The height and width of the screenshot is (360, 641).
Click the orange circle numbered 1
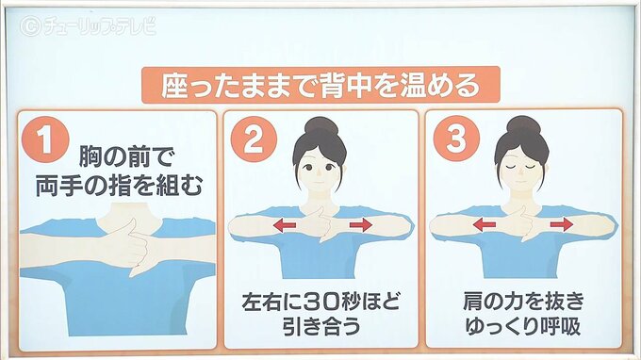pyautogui.click(x=45, y=139)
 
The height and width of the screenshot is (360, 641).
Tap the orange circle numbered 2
pyautogui.click(x=254, y=139)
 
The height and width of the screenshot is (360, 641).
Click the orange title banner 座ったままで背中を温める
pyautogui.click(x=320, y=85)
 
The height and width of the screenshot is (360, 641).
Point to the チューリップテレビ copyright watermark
pyautogui.click(x=88, y=25)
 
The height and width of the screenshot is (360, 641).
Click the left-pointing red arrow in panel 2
pyautogui.click(x=285, y=225)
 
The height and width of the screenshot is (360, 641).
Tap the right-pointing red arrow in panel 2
pyautogui.click(x=360, y=224)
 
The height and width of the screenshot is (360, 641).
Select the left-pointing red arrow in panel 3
pyautogui.click(x=484, y=224)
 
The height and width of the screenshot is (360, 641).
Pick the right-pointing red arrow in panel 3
pyautogui.click(x=562, y=224)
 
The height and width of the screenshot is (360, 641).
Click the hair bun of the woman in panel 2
pyautogui.click(x=321, y=126)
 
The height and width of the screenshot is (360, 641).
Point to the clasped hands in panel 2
pyautogui.click(x=322, y=224)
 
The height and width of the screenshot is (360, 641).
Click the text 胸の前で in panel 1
pyautogui.click(x=126, y=157)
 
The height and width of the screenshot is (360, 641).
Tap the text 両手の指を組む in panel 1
pyautogui.click(x=119, y=187)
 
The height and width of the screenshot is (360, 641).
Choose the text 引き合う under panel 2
pyautogui.click(x=321, y=326)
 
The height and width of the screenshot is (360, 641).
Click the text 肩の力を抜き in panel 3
pyautogui.click(x=524, y=302)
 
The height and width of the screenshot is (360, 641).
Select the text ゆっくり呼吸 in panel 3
pyautogui.click(x=523, y=326)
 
